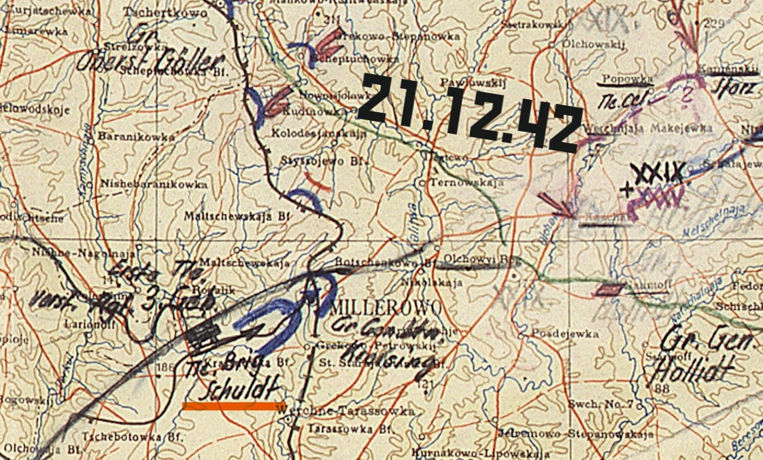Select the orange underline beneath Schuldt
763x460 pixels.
click(x=230, y=406)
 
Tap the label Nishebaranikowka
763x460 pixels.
click(x=154, y=183)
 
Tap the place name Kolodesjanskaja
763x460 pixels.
click(x=318, y=133)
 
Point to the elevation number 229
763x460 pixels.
click(x=715, y=24)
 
